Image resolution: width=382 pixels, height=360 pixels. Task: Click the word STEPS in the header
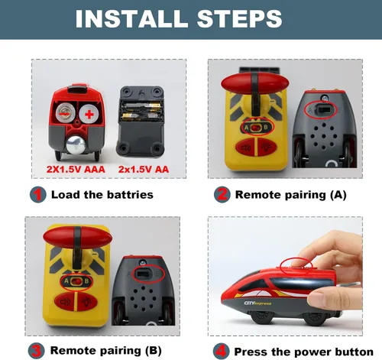(240, 18)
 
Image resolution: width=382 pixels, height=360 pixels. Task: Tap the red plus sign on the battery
(89, 115)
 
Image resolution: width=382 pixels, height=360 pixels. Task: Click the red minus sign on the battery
(64, 114)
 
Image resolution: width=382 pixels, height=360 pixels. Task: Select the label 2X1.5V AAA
(76, 170)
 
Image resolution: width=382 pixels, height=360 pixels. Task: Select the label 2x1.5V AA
(144, 170)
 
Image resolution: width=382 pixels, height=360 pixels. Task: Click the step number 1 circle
(38, 195)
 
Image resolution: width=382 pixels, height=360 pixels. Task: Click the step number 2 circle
(222, 194)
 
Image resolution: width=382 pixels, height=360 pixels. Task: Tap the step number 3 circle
(37, 351)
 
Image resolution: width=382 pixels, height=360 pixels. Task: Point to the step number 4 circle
(221, 352)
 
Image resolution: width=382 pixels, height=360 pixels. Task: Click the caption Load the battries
(102, 195)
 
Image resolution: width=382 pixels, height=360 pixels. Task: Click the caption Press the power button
(303, 352)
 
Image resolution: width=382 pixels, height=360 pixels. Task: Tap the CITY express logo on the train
(257, 303)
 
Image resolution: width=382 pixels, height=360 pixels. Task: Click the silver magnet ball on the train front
(76, 145)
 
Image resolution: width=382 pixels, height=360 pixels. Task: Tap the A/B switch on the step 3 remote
(76, 281)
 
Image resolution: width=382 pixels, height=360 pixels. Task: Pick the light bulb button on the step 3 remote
(87, 302)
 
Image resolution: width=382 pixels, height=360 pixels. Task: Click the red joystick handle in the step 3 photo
(77, 238)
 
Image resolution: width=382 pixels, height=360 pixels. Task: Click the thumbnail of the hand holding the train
(285, 277)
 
